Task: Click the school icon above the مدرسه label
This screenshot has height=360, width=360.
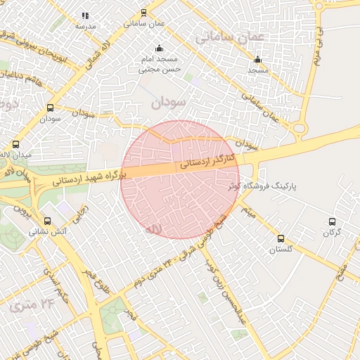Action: [85, 15]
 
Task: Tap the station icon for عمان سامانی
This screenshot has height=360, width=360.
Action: [144, 13]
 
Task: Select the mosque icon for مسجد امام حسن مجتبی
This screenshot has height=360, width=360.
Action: [159, 49]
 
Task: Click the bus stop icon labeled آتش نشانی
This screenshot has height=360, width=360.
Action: [47, 220]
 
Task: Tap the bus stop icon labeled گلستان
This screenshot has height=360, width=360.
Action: [281, 239]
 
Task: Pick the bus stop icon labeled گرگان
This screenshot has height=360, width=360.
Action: [332, 221]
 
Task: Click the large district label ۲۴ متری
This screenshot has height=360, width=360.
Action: [32, 304]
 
